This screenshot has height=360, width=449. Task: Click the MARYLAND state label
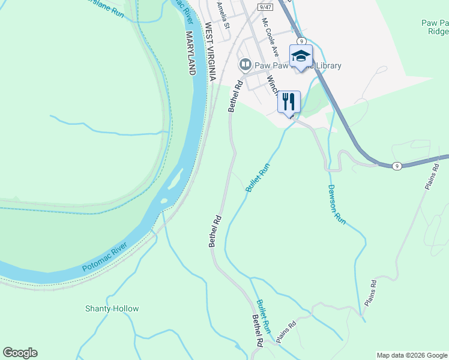pyautogui.click(x=191, y=53)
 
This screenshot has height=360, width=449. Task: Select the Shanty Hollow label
pyautogui.click(x=112, y=308)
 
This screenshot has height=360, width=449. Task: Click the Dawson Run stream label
pyautogui.click(x=337, y=205)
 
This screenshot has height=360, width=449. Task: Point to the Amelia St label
pyautogui.click(x=223, y=15)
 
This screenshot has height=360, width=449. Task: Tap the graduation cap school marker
pyautogui.click(x=301, y=56)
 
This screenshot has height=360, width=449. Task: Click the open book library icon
pyautogui.click(x=245, y=64)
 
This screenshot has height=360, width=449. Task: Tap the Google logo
pyautogui.click(x=20, y=353)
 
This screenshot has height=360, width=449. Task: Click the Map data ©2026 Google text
pyautogui.click(x=412, y=355)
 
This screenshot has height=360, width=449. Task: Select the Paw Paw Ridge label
pyautogui.click(x=434, y=28)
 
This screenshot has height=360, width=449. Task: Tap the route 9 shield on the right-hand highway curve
pyautogui.click(x=397, y=165)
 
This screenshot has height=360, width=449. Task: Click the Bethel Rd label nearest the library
pyautogui.click(x=234, y=95)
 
